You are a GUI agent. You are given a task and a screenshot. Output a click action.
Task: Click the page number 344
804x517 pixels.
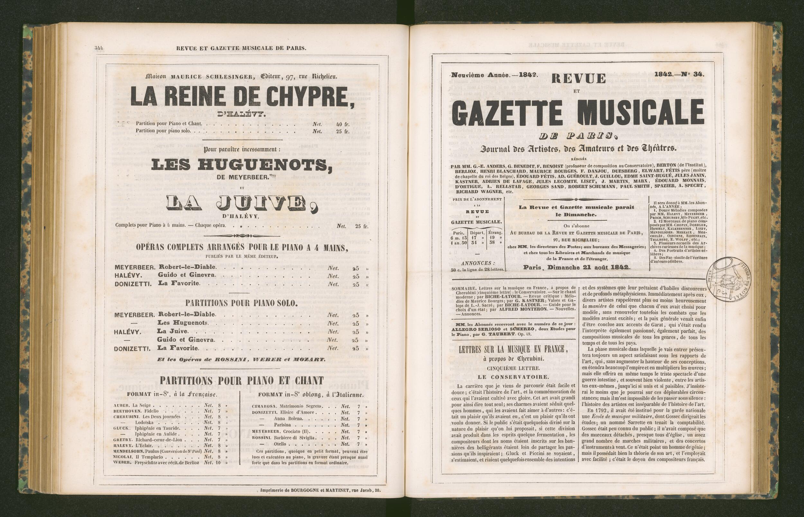99,48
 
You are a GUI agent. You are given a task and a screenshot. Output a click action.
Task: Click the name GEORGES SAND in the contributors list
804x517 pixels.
571,186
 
